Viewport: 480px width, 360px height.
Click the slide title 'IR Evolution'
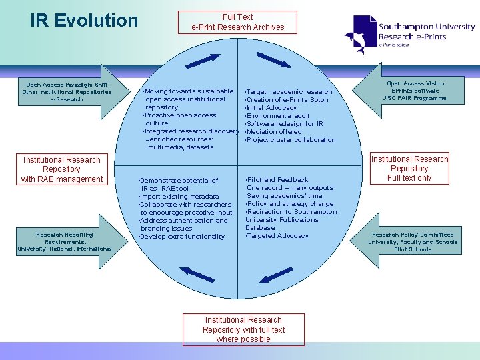coord(84,21)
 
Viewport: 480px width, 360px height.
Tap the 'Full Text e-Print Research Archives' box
coord(238,22)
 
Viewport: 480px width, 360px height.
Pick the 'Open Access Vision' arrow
coord(409,91)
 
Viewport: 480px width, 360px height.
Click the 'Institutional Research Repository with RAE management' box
coord(61,169)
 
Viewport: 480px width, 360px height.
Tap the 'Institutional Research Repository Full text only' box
coord(409,169)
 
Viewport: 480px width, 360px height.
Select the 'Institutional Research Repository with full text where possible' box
coord(243,329)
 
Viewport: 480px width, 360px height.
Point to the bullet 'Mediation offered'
coord(274,132)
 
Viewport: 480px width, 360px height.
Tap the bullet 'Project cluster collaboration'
coord(291,140)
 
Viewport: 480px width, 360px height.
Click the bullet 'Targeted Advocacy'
coord(278,236)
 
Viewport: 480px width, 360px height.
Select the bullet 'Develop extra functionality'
coord(181,237)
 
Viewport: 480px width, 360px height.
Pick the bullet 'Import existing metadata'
coord(179,197)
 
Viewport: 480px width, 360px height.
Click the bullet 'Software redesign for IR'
coord(285,124)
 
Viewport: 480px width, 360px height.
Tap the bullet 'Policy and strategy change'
coord(290,204)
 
